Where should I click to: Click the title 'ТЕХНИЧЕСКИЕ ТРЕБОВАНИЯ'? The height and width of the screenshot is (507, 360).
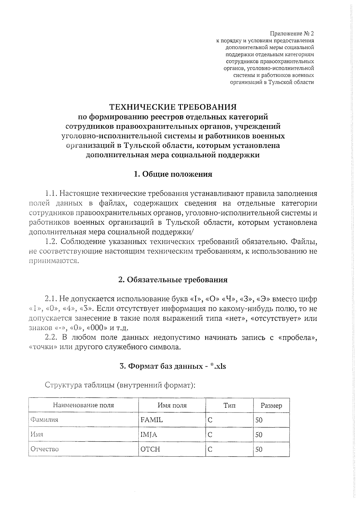tap(173, 107)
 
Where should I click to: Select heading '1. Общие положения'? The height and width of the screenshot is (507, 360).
tap(173, 174)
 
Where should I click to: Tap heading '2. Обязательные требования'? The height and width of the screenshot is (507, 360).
tap(173, 280)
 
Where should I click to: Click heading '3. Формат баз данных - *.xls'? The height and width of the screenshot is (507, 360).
tap(173, 366)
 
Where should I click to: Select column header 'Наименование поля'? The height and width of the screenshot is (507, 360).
tap(83, 405)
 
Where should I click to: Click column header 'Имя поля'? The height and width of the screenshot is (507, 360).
tap(172, 405)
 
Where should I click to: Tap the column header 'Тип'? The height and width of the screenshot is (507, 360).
tap(229, 405)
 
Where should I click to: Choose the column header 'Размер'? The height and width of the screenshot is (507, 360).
tap(271, 406)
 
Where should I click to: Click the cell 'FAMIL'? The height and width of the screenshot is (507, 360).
tap(151, 420)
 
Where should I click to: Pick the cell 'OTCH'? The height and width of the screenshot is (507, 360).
tap(150, 449)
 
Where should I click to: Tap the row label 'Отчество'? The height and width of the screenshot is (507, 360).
tap(45, 449)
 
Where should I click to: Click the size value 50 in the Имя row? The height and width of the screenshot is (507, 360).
tap(259, 435)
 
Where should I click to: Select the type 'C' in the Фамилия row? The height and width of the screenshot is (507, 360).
tap(210, 420)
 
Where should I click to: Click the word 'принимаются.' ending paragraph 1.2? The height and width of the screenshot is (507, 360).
tap(54, 261)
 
